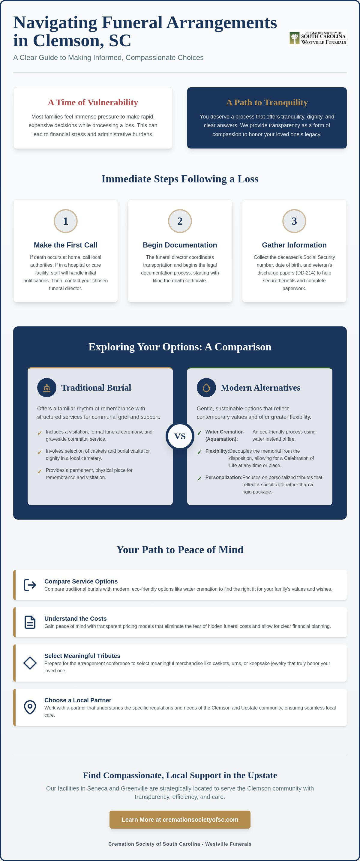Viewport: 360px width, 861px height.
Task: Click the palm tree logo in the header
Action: click(294, 38)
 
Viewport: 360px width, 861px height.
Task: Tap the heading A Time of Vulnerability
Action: click(93, 102)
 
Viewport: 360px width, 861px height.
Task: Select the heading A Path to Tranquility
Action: click(267, 102)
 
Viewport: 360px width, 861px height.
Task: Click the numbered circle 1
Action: click(65, 221)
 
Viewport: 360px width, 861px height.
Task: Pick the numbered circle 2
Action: click(180, 221)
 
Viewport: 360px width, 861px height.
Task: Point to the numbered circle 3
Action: click(294, 221)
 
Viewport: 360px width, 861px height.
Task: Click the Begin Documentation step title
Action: click(180, 245)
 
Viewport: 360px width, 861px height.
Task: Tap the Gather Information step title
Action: click(294, 245)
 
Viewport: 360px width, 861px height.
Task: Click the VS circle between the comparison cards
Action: click(180, 436)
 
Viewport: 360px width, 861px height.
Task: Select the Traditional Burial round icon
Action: click(47, 388)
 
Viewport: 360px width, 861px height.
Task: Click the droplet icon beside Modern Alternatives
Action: click(206, 388)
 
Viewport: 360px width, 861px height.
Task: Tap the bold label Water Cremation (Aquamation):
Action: click(225, 436)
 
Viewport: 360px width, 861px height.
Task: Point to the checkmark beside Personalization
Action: click(199, 478)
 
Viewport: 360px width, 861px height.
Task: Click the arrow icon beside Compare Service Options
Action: click(30, 585)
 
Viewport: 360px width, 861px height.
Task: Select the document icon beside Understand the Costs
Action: click(30, 622)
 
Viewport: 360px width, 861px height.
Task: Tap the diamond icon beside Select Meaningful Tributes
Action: click(30, 663)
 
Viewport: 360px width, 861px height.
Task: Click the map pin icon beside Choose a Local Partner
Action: click(30, 707)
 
